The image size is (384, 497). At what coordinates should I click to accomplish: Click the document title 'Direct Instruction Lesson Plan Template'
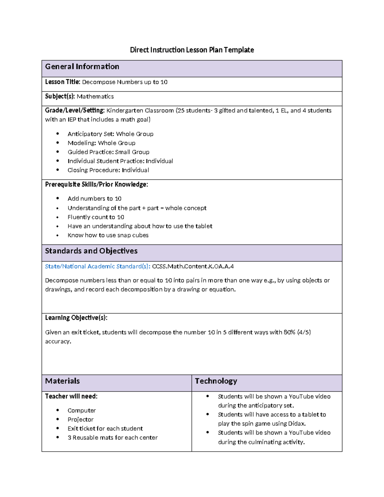coord(192,50)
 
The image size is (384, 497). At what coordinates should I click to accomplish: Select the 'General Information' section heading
coord(82,67)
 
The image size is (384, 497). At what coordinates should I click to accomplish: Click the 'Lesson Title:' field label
coord(62,82)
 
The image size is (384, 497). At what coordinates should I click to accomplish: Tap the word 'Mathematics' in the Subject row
coord(95,96)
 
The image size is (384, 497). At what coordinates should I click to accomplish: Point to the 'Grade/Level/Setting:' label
coord(75,110)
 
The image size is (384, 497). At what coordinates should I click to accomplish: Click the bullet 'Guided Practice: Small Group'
coord(108,152)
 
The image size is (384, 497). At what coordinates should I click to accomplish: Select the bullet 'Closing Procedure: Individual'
coord(108,170)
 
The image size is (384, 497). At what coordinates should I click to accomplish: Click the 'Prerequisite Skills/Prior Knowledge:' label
coord(96,184)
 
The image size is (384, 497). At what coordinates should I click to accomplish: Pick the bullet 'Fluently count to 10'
coord(96,217)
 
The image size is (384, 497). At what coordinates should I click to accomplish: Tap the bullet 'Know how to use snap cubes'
coord(108,235)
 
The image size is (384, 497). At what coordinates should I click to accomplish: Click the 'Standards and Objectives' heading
coord(91,251)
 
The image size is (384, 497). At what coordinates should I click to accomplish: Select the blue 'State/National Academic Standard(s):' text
coord(98,266)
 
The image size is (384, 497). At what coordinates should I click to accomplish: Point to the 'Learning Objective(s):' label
coord(76,318)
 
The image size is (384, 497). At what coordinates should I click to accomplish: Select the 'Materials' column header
coord(62,381)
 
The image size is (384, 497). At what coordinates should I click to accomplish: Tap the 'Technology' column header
coord(216,381)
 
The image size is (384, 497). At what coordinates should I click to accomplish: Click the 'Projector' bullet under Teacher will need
coord(80,420)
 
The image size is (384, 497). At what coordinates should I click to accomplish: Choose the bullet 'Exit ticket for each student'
coord(105,429)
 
